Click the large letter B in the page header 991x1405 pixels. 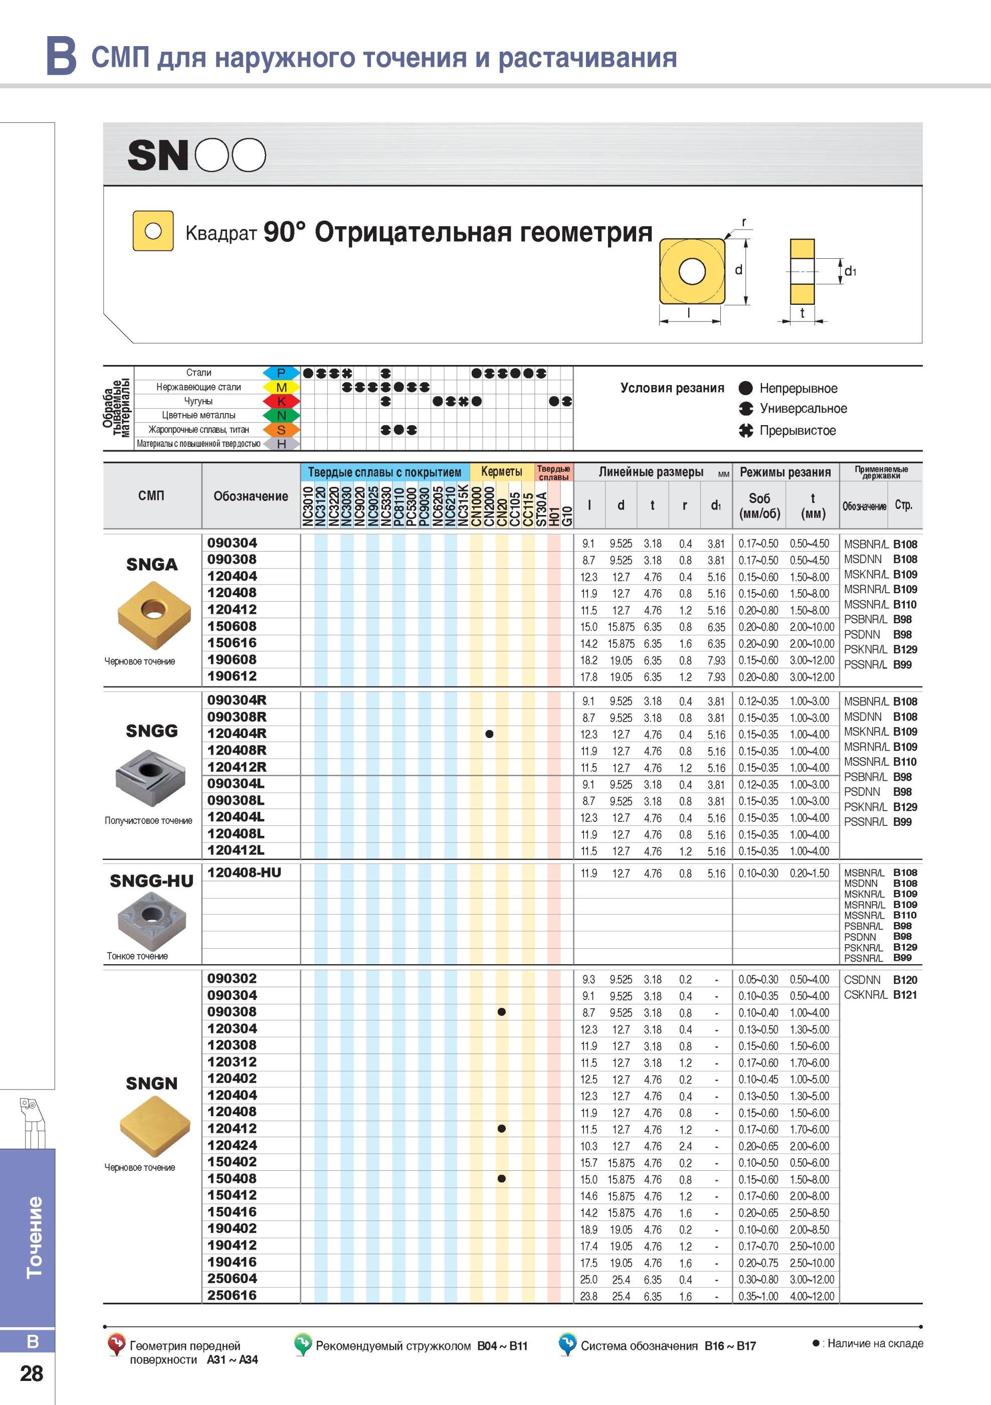[62, 56]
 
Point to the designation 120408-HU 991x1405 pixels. [244, 872]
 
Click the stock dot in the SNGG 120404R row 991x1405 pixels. [489, 734]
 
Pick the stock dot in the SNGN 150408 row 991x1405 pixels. [502, 1178]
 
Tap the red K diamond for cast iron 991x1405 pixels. [281, 402]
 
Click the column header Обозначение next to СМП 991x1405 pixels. [251, 496]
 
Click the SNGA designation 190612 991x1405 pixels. [232, 676]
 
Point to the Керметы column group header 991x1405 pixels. [502, 471]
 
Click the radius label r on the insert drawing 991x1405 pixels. [744, 222]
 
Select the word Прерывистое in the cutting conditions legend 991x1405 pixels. [798, 430]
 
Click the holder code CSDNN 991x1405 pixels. [863, 980]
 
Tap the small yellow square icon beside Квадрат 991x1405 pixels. [153, 231]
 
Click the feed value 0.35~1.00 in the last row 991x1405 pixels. [758, 1296]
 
